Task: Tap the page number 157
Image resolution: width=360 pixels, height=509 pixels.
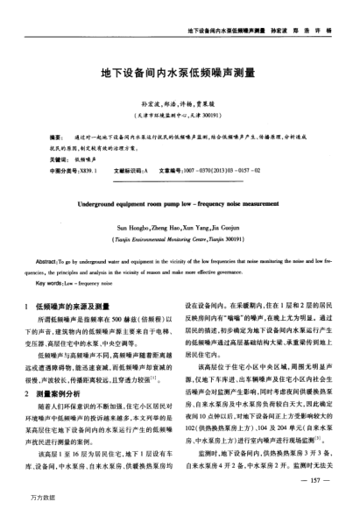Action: (321, 481)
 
